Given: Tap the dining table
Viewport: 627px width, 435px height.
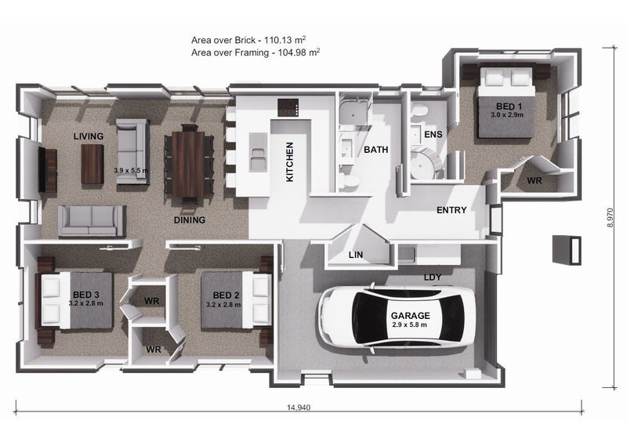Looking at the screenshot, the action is (188, 164).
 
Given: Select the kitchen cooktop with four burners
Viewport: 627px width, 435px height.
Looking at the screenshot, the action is (288, 107).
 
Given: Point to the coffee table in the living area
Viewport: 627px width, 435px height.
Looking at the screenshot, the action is (92, 164).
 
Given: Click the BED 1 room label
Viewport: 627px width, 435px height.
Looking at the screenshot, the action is (509, 107).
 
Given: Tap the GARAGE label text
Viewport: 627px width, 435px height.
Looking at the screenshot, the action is (410, 315).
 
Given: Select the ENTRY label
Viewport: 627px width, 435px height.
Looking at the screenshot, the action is (451, 210).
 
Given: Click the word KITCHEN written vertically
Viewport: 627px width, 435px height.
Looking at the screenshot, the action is (290, 161).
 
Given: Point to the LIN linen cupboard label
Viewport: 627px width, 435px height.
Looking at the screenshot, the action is (356, 255).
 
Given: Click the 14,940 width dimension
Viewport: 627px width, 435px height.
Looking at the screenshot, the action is (299, 408).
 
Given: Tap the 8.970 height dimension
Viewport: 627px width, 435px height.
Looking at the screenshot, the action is (610, 218).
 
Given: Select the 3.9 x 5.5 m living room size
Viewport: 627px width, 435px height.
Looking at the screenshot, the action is (131, 170).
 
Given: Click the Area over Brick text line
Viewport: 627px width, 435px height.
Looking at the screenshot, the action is (248, 40).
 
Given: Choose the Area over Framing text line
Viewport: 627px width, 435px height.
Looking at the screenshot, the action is (256, 53).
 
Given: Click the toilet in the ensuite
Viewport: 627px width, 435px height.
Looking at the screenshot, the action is (420, 110).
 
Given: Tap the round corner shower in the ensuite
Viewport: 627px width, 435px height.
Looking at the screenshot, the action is (426, 163).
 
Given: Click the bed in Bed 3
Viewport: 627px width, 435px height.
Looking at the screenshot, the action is (74, 300).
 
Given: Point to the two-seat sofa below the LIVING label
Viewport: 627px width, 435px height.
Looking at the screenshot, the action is (92, 221).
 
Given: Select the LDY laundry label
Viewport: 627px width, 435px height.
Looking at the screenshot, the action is (433, 277).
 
